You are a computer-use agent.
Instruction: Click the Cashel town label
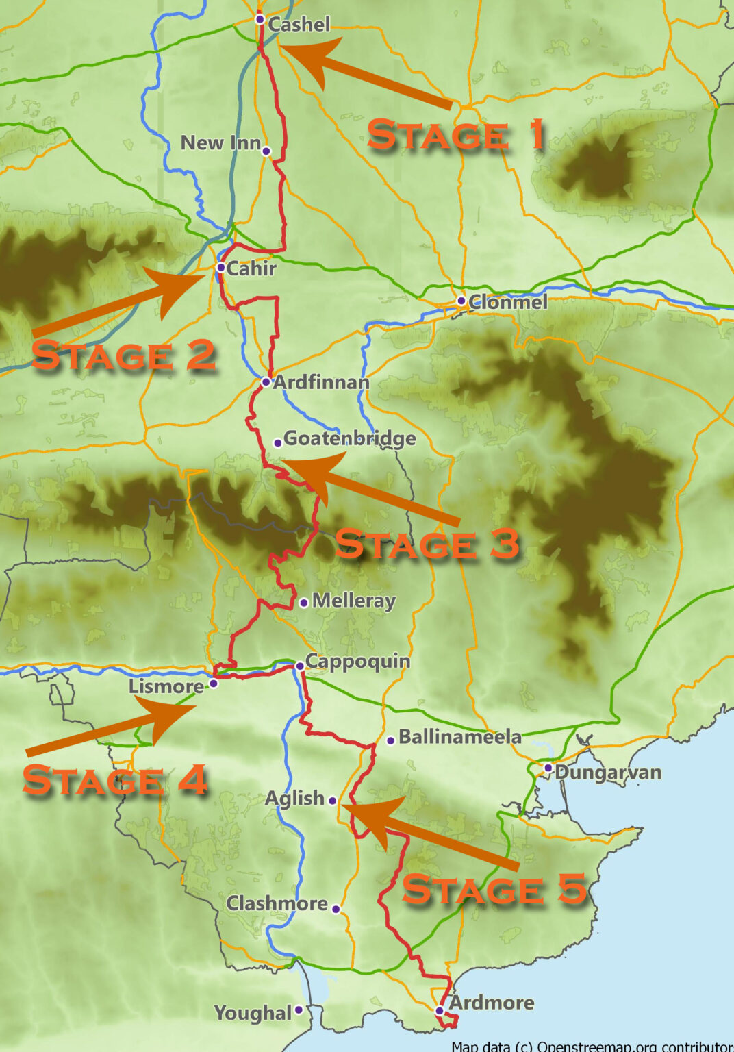(299, 25)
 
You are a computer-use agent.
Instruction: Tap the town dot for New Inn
(266, 151)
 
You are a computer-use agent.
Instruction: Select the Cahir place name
(251, 268)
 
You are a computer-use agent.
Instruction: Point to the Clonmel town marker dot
(461, 301)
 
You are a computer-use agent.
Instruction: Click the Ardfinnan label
(321, 382)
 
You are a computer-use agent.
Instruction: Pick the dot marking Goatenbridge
(277, 443)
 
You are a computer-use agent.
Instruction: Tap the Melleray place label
(354, 601)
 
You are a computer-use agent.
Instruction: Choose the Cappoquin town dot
(299, 666)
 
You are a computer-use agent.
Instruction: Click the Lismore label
(166, 686)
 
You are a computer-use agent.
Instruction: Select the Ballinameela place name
(460, 737)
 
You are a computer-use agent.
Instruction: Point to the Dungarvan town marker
(548, 768)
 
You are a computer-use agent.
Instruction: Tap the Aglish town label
(294, 799)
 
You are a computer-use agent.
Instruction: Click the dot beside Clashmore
(336, 909)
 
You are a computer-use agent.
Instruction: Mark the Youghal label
(253, 1013)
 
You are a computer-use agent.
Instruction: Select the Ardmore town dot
(440, 1010)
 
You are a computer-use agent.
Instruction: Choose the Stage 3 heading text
(427, 544)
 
